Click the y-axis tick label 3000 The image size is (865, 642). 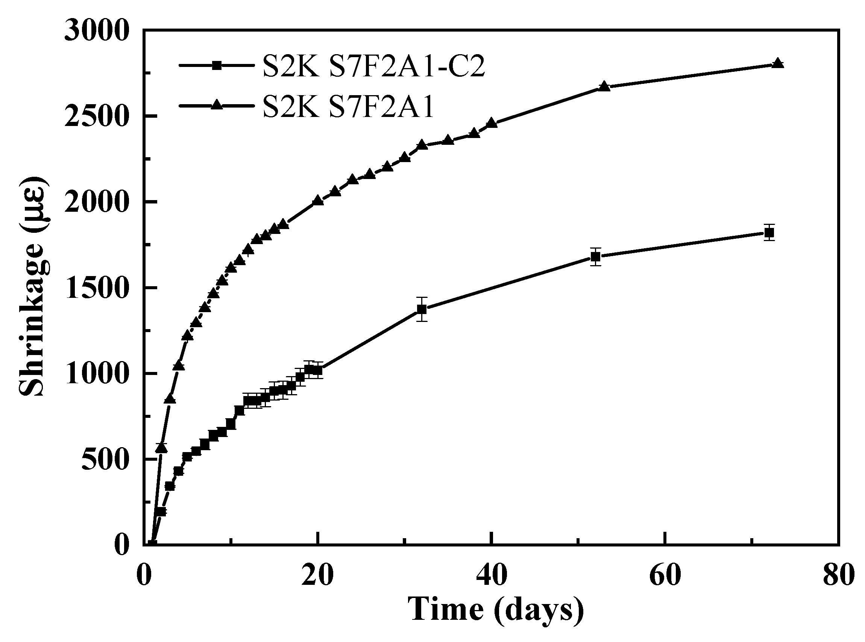click(96, 31)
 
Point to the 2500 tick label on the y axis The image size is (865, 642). click(96, 116)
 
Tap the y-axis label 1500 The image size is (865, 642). click(96, 288)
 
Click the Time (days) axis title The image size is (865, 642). click(495, 609)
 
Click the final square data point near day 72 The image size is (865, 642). click(769, 233)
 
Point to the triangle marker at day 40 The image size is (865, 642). click(492, 123)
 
